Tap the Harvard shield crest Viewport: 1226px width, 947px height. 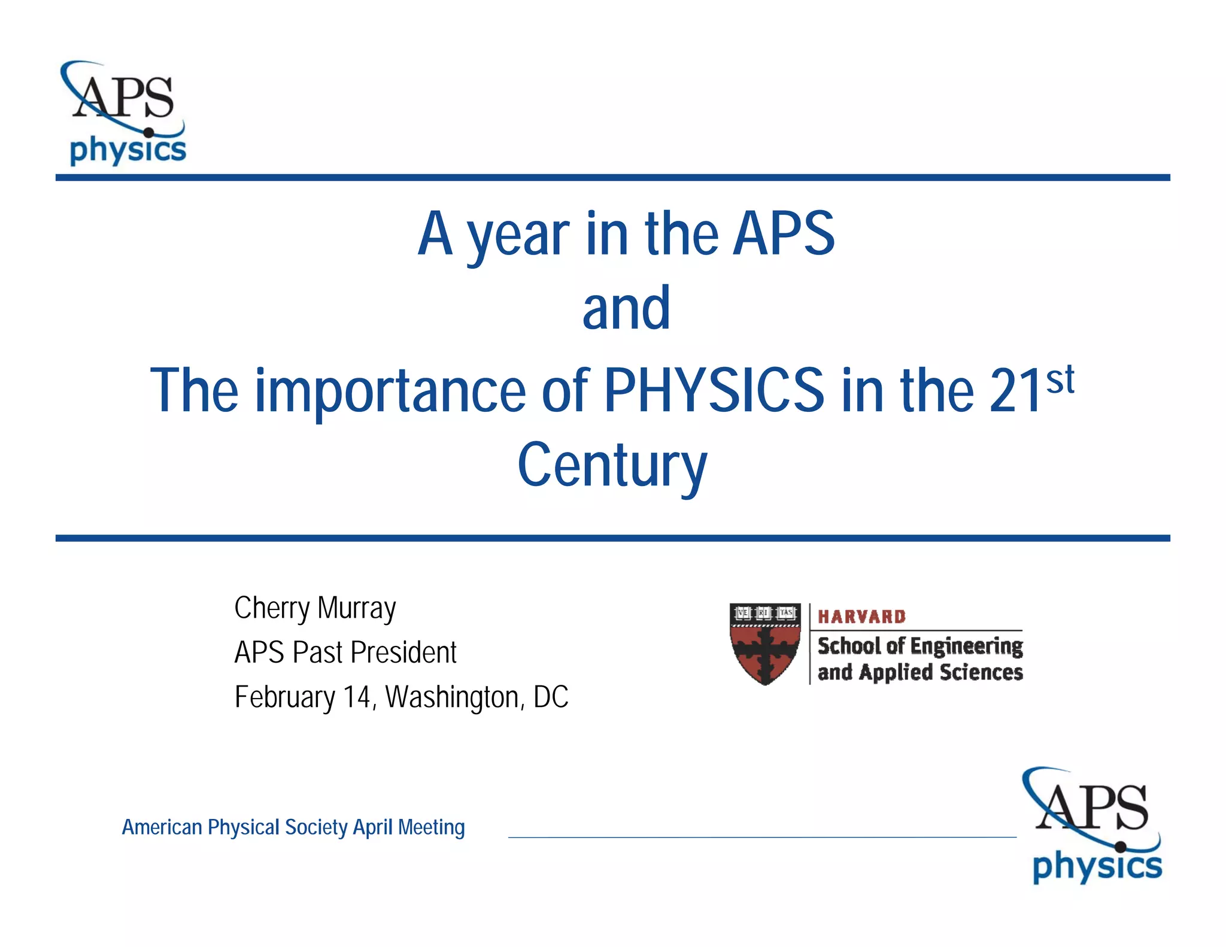coord(765,644)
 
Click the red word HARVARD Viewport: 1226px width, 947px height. coord(861,617)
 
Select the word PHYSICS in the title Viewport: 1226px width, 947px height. coord(714,390)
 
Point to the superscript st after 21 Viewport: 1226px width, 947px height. coord(1060,380)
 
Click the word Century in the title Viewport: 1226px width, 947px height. coord(612,466)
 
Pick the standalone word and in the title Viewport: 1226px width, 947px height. coord(626,308)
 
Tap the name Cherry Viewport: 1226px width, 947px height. coord(272,608)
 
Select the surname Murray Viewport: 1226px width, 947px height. coord(357,608)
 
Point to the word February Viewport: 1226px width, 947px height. coord(285,697)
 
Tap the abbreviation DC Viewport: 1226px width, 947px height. coord(551,697)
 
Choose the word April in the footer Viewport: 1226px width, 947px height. coord(374,827)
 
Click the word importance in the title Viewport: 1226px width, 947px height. coord(390,391)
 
